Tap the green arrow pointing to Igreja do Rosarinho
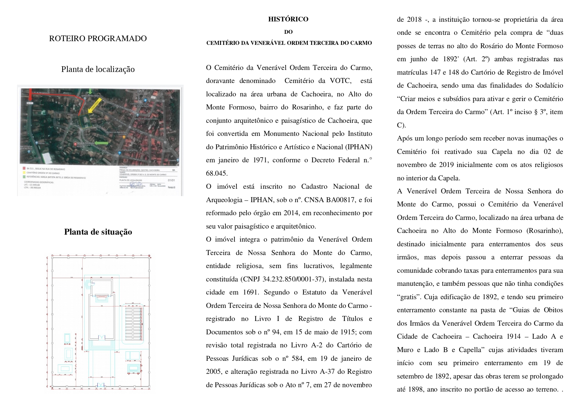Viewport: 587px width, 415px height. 102,143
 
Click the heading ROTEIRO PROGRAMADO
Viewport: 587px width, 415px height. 98,38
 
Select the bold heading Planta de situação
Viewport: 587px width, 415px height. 98,232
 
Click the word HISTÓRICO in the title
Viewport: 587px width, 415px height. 288,19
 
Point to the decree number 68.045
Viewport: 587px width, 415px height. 217,173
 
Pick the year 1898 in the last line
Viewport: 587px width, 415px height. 418,389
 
